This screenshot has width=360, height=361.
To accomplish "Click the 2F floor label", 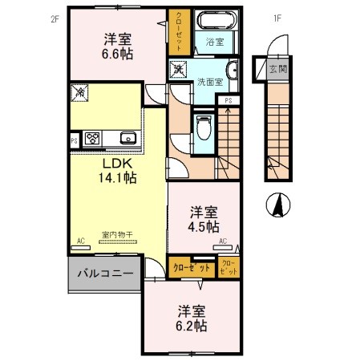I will (x=55, y=19).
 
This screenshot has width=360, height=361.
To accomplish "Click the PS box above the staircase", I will (x=229, y=100).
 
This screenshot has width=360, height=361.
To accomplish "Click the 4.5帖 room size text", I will (x=204, y=226).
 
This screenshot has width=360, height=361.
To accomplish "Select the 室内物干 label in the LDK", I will (x=117, y=235).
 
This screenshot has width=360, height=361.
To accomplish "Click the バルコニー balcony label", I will (x=105, y=273).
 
